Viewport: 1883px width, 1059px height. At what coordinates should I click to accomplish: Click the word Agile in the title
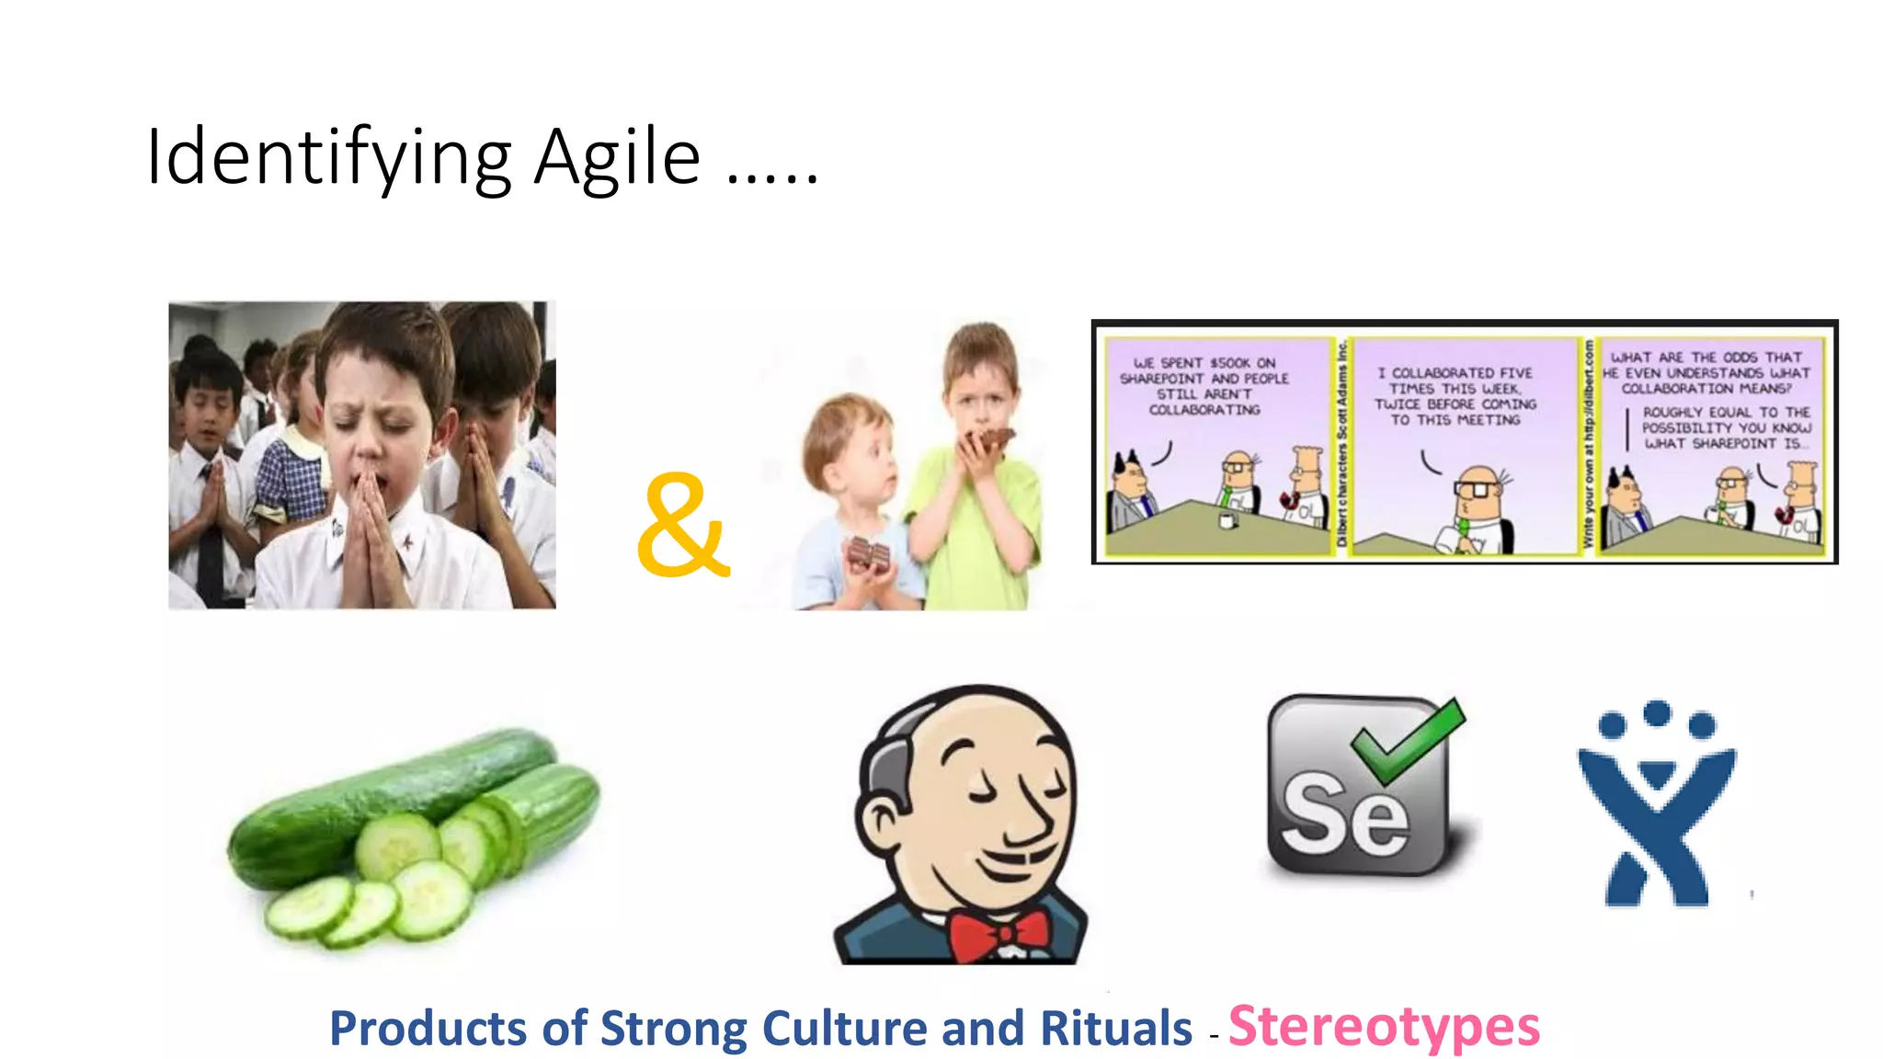617,158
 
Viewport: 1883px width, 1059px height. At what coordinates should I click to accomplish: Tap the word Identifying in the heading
328,158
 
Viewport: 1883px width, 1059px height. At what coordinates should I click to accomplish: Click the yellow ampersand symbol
681,526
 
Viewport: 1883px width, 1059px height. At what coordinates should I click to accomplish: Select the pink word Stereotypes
1384,1027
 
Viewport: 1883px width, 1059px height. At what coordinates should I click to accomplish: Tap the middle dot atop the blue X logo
1657,712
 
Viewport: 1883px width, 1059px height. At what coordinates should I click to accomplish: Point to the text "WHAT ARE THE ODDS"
1706,358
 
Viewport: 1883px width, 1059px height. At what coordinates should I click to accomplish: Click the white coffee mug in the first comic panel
1226,521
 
